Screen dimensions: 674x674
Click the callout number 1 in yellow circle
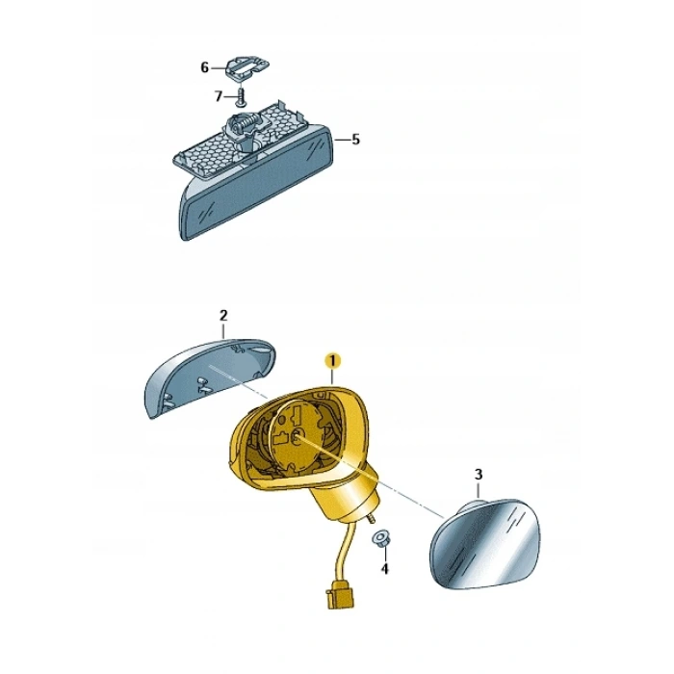(x=333, y=361)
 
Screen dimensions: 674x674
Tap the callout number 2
(x=223, y=316)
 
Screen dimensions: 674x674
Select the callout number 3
(x=479, y=475)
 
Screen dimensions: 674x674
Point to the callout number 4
(x=384, y=569)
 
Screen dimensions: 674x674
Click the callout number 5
(x=355, y=140)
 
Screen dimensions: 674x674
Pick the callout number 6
(x=204, y=67)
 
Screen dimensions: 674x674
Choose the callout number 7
(x=219, y=96)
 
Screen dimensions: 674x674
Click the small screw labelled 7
(x=241, y=96)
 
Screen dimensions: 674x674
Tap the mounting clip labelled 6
(x=247, y=66)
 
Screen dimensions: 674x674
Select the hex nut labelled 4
(x=379, y=538)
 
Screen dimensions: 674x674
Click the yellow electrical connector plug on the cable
(x=341, y=594)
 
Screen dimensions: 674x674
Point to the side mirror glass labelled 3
(x=485, y=544)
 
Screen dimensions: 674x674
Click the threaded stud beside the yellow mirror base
(x=370, y=518)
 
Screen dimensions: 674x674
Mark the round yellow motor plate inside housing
(x=301, y=433)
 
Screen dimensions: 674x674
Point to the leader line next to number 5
(x=342, y=140)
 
